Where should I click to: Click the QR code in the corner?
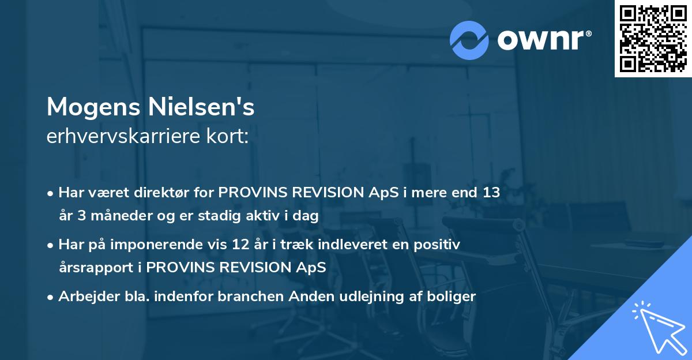[653, 39]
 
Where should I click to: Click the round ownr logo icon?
[469, 39]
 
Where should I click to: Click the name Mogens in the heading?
[94, 107]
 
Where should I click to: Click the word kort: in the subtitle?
[230, 137]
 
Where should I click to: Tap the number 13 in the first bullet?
[491, 193]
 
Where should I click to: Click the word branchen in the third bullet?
[247, 297]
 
